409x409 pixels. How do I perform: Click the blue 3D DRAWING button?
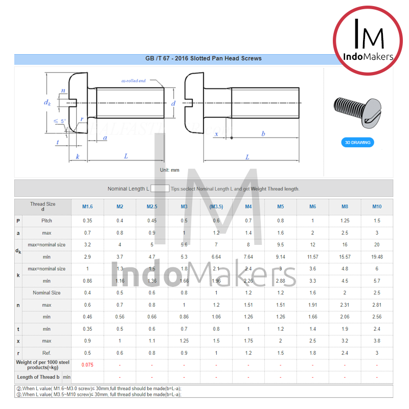click(357, 142)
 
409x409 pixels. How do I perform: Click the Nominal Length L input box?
click(160, 189)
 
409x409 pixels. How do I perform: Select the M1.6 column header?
click(87, 207)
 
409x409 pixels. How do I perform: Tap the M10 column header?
click(377, 207)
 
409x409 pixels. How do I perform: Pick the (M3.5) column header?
click(216, 207)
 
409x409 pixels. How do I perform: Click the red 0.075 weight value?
click(87, 365)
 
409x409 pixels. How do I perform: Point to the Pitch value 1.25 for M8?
click(345, 221)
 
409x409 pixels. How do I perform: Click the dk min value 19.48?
click(377, 257)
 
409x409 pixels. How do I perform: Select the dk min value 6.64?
click(216, 257)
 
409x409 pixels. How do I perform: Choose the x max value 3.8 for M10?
click(377, 341)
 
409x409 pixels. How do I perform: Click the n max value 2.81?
click(377, 305)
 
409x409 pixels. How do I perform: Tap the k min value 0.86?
click(87, 281)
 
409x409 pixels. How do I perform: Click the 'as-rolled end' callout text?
click(133, 81)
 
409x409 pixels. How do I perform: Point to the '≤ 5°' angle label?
click(60, 121)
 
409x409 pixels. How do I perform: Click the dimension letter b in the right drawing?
click(263, 133)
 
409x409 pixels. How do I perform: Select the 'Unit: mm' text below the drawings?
click(169, 170)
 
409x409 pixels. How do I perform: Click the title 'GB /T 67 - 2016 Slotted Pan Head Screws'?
click(203, 58)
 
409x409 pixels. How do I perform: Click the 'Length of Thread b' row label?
click(38, 377)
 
